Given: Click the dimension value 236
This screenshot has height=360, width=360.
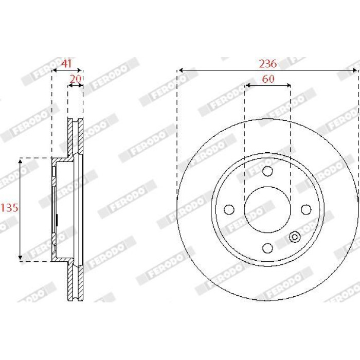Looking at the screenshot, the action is tap(268, 64).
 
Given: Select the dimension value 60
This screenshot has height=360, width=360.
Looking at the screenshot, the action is tap(268, 79).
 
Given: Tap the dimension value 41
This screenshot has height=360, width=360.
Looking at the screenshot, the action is tap(66, 63).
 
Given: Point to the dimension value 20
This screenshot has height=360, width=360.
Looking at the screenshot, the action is tap(76, 79).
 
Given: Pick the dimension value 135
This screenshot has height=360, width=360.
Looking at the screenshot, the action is tap(9, 208).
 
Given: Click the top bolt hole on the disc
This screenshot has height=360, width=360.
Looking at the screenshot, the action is tap(267, 171).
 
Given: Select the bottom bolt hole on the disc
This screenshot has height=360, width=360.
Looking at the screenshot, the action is tap(267, 248).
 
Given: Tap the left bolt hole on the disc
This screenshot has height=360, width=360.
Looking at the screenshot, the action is tap(229, 210).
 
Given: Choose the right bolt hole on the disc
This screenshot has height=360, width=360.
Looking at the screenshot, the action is tap(306, 210).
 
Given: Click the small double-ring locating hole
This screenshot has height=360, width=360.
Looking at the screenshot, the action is tap(295, 237).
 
